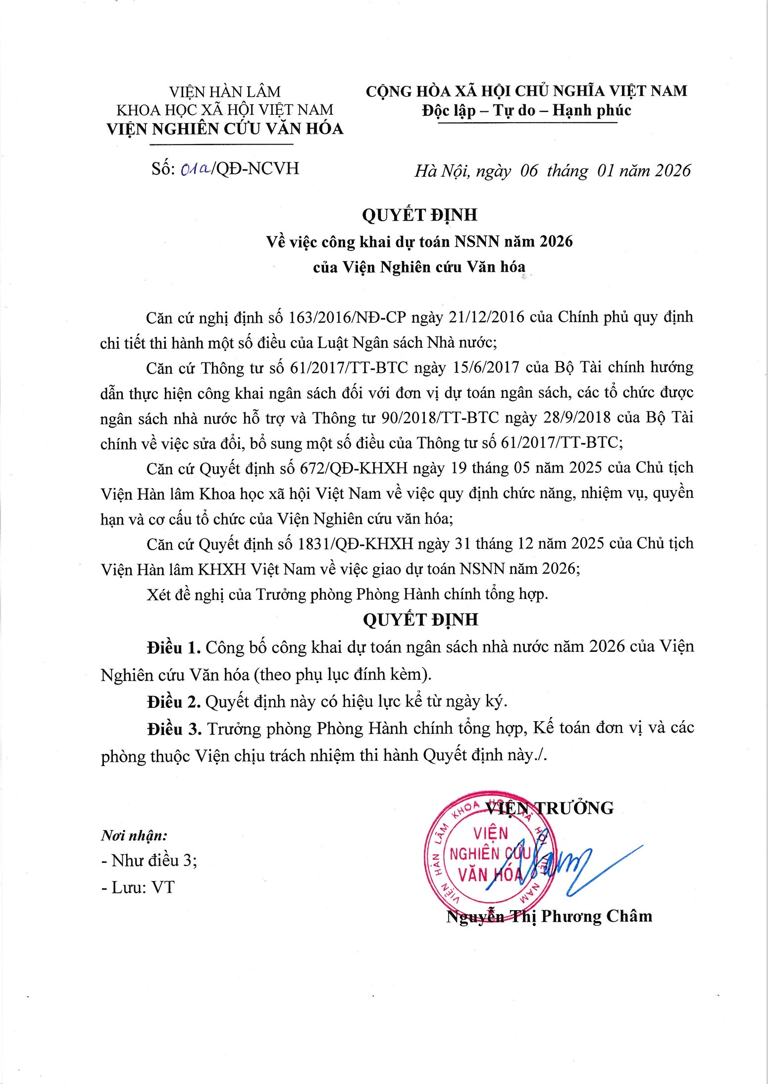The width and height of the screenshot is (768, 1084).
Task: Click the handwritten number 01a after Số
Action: [196, 169]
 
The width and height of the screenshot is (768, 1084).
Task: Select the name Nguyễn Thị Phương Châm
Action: [549, 916]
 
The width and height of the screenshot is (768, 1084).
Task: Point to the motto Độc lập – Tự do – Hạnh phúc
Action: [526, 110]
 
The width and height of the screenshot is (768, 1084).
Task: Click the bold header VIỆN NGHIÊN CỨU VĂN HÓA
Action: [225, 129]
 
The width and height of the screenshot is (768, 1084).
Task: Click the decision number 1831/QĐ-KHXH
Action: [355, 543]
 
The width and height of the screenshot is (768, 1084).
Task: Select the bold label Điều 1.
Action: [173, 647]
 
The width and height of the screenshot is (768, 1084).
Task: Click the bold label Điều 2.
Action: [173, 701]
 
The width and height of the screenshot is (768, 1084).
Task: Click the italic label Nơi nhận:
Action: [134, 836]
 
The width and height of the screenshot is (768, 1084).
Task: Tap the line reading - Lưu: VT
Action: [138, 887]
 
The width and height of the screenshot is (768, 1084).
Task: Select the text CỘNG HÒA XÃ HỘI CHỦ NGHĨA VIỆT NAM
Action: [526, 91]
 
